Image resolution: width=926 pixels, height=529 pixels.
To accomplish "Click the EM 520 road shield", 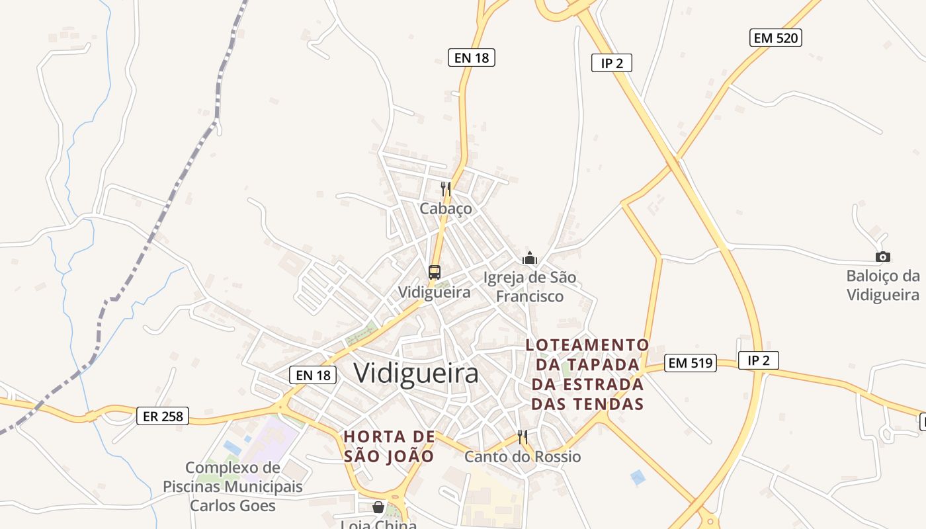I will pyautogui.click(x=777, y=38).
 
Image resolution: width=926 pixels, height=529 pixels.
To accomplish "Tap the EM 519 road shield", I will pyautogui.click(x=691, y=362).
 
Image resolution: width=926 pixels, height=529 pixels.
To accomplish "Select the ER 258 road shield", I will pyautogui.click(x=163, y=417).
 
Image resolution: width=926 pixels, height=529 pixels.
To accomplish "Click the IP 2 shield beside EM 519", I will pyautogui.click(x=758, y=360).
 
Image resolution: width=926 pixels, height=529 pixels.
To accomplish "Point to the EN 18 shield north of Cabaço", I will pyautogui.click(x=472, y=58).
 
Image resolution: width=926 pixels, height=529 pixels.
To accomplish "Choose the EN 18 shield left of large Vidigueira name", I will pyautogui.click(x=313, y=375).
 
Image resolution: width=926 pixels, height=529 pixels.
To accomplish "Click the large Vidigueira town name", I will pyautogui.click(x=416, y=373).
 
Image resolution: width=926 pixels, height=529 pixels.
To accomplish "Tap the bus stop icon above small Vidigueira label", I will pyautogui.click(x=435, y=272).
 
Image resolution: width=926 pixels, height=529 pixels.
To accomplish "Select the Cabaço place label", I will pyautogui.click(x=446, y=208).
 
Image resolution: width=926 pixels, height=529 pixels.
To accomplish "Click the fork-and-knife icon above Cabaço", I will pyautogui.click(x=446, y=189).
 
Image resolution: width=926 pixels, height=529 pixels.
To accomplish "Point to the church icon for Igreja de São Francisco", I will pyautogui.click(x=530, y=258).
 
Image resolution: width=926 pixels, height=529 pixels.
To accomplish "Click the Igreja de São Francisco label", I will pyautogui.click(x=530, y=287).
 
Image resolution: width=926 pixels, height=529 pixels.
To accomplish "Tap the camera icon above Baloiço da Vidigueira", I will pyautogui.click(x=882, y=257).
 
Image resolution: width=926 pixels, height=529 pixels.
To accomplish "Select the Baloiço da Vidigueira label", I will pyautogui.click(x=883, y=285).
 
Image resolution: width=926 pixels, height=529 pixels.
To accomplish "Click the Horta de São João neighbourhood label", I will pyautogui.click(x=390, y=446).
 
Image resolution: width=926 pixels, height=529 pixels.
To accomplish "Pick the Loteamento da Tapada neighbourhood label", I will pyautogui.click(x=587, y=374).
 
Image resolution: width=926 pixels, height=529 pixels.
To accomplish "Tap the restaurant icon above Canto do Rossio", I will pyautogui.click(x=523, y=437).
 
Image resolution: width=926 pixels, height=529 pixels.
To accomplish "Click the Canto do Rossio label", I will pyautogui.click(x=523, y=457).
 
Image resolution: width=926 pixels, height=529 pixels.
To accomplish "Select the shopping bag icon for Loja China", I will pyautogui.click(x=378, y=507).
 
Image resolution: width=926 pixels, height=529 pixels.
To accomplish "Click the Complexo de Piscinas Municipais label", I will pyautogui.click(x=233, y=487).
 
